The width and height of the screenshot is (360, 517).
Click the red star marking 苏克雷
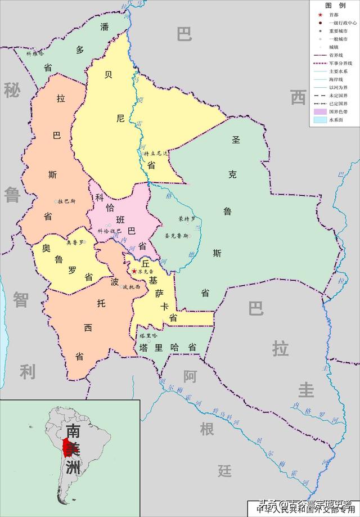(x=134, y=271)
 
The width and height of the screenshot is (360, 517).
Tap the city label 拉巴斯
(x=66, y=201)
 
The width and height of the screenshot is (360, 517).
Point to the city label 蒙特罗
(x=187, y=218)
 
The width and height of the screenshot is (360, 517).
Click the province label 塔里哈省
(x=168, y=348)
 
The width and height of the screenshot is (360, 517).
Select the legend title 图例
(x=334, y=4)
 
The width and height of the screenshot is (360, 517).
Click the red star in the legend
(x=319, y=15)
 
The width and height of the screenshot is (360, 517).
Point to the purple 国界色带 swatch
(x=320, y=113)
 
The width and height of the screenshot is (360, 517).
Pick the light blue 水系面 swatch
(x=320, y=120)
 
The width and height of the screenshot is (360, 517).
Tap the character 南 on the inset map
(x=73, y=431)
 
